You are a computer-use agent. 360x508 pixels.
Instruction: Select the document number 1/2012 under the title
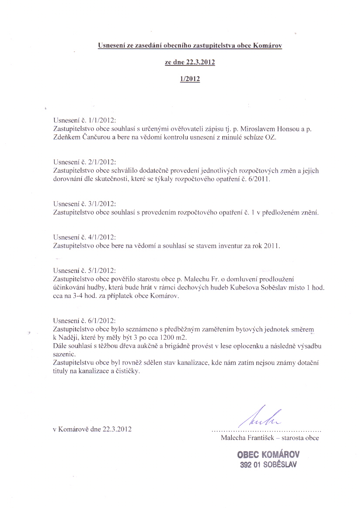(190, 79)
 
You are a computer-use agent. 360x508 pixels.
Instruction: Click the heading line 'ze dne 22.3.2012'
(190, 62)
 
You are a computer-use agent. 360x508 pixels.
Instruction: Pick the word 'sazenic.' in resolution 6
(64, 355)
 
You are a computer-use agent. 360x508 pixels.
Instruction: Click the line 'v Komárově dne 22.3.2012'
(92, 429)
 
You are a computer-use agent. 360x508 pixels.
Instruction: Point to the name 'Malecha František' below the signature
(248, 438)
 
